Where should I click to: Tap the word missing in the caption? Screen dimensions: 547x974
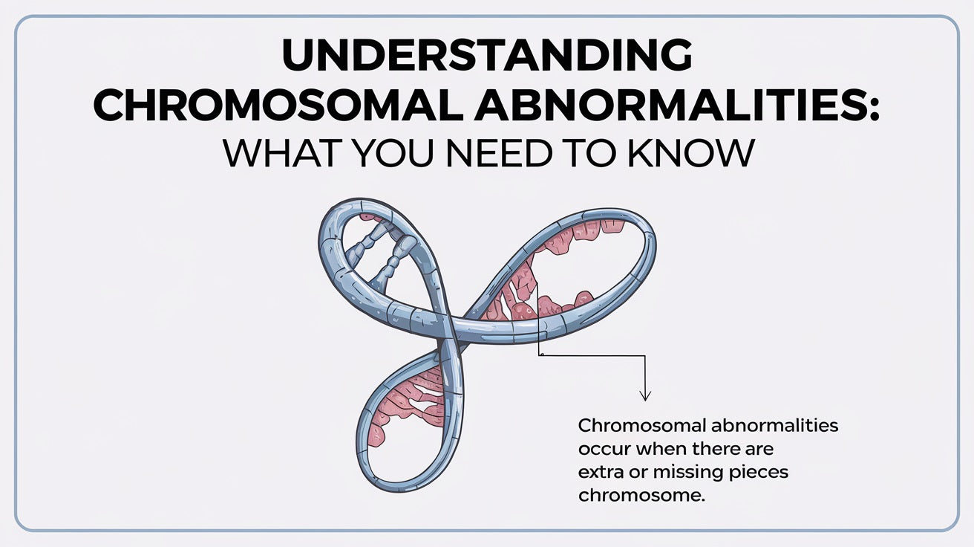click(676, 473)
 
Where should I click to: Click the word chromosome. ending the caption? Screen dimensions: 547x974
click(640, 496)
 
